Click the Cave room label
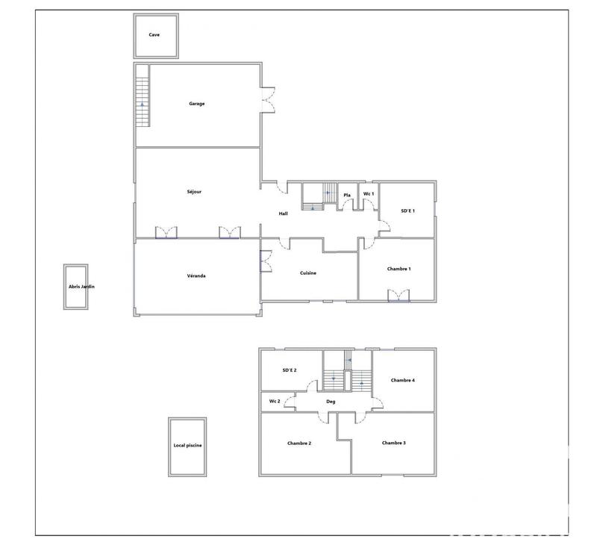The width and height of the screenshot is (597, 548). point(154,34)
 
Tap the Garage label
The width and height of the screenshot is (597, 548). point(196,104)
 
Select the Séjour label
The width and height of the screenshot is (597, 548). point(194,192)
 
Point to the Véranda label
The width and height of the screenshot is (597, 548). point(196,276)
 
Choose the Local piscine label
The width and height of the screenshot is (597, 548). point(187,446)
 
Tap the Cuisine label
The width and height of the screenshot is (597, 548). point(308,273)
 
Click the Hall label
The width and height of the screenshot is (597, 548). point(284,214)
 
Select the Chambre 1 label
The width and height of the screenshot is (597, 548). point(399,269)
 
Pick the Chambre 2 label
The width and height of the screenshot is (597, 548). point(299,443)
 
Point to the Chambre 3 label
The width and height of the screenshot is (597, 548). point(394,443)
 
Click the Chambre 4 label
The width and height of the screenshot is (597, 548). point(403,380)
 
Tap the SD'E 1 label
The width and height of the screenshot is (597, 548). point(407,211)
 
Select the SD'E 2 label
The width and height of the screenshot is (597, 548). point(290,370)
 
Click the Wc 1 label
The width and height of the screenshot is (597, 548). point(368,195)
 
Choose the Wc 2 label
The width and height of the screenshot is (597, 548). point(274,401)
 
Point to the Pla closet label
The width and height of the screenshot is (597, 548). point(347,196)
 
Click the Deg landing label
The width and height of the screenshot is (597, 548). point(331,402)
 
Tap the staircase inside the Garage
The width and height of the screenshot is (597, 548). point(143,96)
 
